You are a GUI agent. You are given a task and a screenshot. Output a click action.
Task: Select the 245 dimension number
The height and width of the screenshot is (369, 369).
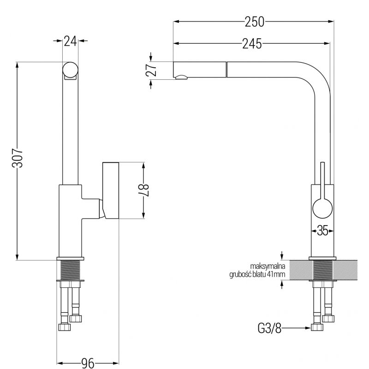pos(252,44)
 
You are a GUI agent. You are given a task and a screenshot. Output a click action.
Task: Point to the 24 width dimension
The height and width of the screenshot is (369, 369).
pos(70,42)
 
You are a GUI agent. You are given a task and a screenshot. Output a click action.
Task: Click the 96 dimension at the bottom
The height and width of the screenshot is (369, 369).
pos(86,363)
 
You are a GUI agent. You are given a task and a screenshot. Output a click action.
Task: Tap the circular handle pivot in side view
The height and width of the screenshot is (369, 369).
pos(321,209)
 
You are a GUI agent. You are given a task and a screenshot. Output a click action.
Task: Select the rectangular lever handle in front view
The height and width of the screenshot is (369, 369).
pos(111,190)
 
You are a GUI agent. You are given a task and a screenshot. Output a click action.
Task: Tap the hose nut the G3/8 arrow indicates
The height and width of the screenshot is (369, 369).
pos(317,327)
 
